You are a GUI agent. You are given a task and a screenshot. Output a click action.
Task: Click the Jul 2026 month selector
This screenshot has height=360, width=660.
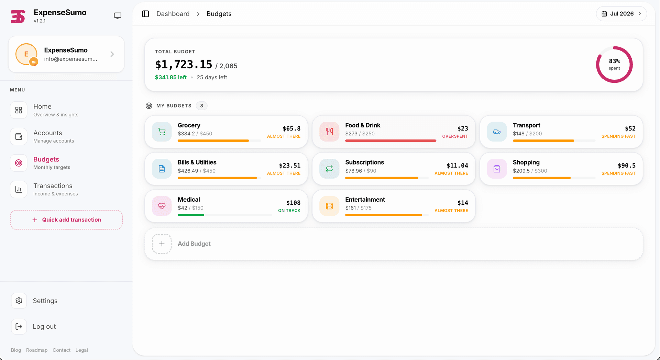(x=621, y=14)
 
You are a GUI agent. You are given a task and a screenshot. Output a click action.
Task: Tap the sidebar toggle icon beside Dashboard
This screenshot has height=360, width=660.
(x=145, y=14)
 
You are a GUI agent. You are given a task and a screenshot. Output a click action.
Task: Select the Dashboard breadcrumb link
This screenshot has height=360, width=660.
(x=173, y=14)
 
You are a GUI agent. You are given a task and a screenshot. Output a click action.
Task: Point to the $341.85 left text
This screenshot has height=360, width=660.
(x=171, y=77)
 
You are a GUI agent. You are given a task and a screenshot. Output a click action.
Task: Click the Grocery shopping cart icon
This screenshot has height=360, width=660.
(x=162, y=132)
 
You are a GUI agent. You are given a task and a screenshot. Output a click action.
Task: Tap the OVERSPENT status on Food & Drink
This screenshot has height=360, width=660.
(x=455, y=136)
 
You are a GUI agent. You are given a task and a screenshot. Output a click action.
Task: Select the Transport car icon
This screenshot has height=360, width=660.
(x=497, y=132)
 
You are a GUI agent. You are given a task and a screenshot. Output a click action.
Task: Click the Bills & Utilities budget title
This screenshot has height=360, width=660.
(x=197, y=162)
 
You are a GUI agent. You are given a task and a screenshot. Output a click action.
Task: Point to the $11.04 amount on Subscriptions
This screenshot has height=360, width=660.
(x=457, y=166)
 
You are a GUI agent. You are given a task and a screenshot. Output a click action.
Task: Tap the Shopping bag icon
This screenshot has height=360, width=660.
(x=497, y=169)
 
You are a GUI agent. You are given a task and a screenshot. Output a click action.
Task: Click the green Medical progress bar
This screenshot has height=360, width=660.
(x=191, y=215)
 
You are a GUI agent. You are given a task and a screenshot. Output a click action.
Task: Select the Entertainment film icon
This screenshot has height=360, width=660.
(x=329, y=206)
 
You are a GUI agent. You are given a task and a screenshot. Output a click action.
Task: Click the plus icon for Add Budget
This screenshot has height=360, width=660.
(x=162, y=244)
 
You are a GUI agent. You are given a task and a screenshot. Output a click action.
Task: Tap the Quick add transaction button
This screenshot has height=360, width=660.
(x=66, y=220)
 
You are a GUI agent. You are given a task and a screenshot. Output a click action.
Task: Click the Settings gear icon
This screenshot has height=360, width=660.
(x=19, y=301)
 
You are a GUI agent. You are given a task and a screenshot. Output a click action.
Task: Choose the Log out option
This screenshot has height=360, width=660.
(x=44, y=327)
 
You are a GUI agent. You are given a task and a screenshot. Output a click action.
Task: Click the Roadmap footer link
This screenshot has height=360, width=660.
(x=37, y=350)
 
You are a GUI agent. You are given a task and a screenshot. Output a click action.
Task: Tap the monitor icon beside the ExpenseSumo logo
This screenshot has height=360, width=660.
(x=118, y=16)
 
